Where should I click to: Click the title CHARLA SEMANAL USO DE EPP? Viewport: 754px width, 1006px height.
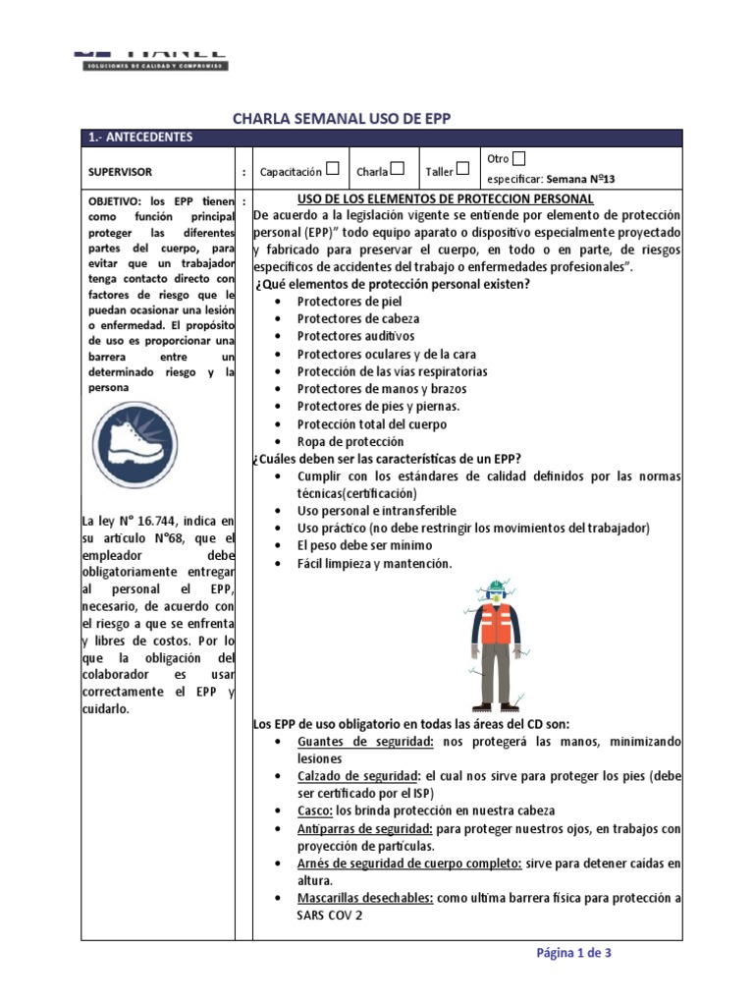pos(341,118)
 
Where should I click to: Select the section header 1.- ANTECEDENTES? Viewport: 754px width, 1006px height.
pos(141,138)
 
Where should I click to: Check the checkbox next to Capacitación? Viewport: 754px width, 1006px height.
pos(333,169)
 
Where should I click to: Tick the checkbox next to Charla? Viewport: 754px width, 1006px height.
pos(398,169)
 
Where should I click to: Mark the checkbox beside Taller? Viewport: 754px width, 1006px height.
pos(462,169)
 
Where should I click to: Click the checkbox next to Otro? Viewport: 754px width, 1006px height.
pos(519,158)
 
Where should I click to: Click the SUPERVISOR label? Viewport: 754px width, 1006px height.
pos(120,171)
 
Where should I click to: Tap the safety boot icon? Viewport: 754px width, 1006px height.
pos(136,446)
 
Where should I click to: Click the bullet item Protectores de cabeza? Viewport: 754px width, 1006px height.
pos(358,319)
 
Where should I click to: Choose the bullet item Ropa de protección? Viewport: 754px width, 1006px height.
pos(350,442)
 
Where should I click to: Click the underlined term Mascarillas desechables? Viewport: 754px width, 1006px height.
pos(365,899)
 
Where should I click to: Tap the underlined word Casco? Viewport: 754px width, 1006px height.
pos(314,810)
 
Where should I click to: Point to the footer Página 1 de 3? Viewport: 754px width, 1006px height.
pos(573,952)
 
